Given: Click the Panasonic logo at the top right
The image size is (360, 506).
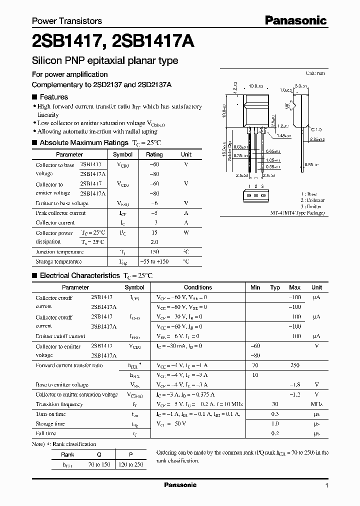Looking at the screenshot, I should pos(295,20).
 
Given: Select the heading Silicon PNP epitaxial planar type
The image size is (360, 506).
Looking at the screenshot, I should pos(105,61).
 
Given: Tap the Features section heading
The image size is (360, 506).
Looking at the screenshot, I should pos(53,97).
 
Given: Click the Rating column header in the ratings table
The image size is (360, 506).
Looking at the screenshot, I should pos(154,154).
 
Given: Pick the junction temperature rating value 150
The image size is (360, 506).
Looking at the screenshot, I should pos(154,252).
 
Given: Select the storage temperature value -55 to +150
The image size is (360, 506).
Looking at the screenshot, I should pos(154,261).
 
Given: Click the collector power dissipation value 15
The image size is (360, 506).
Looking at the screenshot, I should pos(154,232).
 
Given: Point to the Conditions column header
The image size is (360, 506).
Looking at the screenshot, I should pos(198,287).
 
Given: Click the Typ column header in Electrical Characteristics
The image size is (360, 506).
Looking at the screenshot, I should pos(275,287).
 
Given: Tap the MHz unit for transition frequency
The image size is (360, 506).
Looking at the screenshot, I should pos(316,404).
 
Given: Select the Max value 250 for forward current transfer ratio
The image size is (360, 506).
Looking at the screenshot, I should pos(294,365).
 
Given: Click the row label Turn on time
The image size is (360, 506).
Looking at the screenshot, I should pos(50,414).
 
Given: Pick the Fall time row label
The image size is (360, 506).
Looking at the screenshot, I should pos(46,433).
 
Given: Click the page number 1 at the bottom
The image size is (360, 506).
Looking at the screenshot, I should pos(326,485).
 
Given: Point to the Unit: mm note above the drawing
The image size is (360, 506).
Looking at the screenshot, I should pos(315,73).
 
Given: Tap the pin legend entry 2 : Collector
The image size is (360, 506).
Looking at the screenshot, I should pos(312,200).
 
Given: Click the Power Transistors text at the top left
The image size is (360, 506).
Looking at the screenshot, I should pos(67,21).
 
